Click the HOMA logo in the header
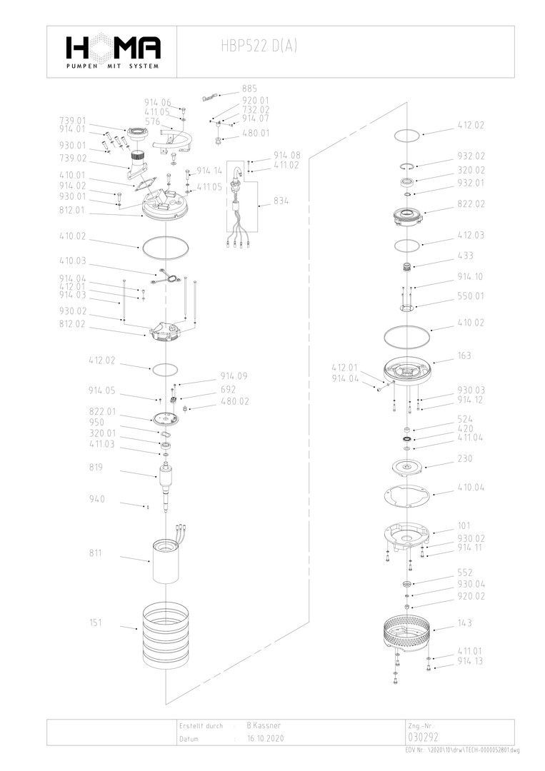click(x=112, y=51)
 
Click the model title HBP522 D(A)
click(x=259, y=47)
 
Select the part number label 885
click(x=249, y=89)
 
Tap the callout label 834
click(x=281, y=202)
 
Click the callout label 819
click(x=96, y=468)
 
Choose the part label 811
click(x=96, y=553)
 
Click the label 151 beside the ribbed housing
click(x=96, y=623)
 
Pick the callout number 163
click(x=464, y=356)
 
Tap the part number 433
click(x=464, y=255)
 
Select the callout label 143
click(x=464, y=623)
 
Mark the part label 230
click(x=464, y=459)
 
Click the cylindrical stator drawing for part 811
click(x=165, y=562)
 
